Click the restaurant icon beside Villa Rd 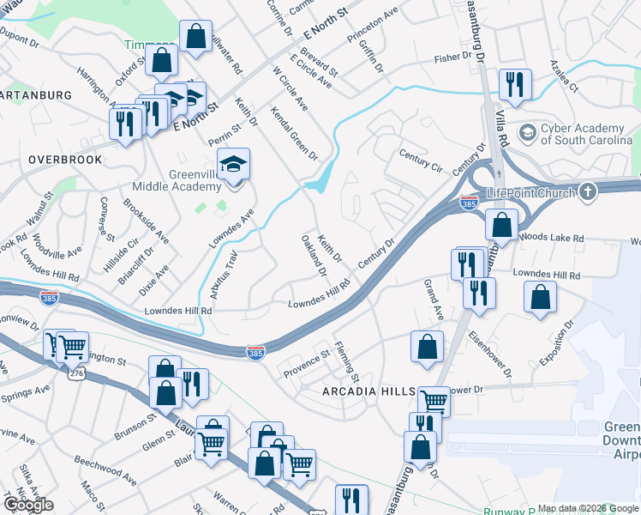click(x=515, y=84)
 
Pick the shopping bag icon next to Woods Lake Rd click(x=501, y=225)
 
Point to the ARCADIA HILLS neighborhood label click(x=368, y=391)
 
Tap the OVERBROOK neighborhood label click(x=64, y=160)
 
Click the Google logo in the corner click(x=27, y=505)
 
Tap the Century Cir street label click(x=421, y=160)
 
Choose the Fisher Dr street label click(x=452, y=58)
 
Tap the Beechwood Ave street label click(x=105, y=471)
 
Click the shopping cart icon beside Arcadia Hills click(x=434, y=400)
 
